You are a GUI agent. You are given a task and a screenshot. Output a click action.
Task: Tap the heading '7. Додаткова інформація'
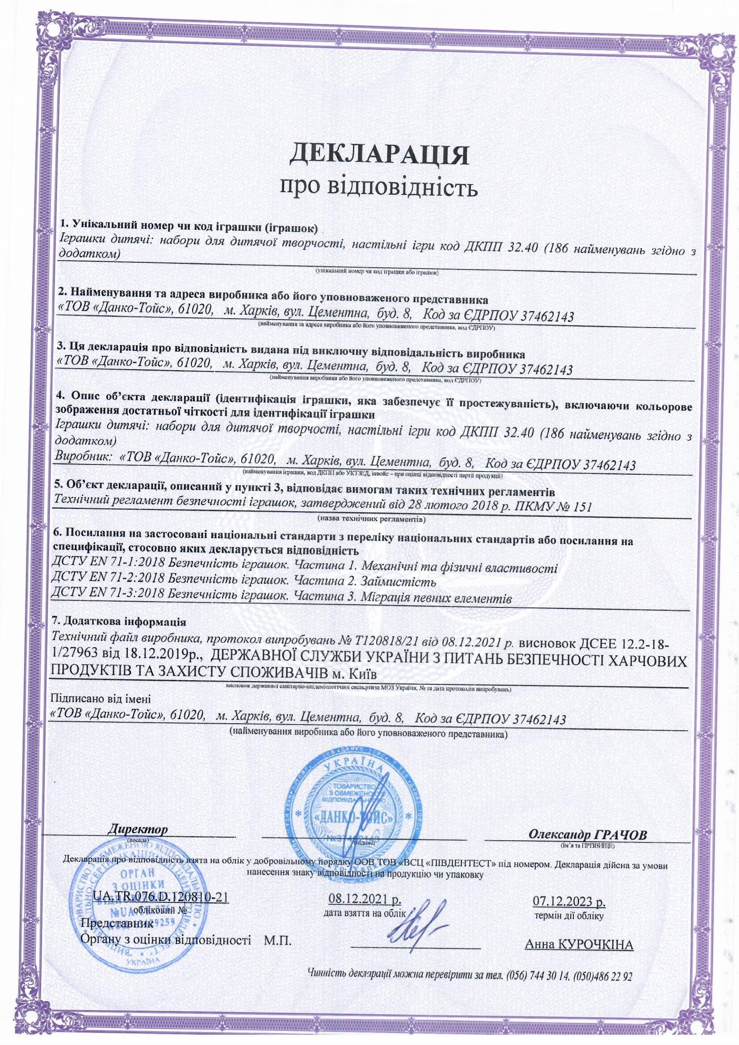pyautogui.click(x=120, y=622)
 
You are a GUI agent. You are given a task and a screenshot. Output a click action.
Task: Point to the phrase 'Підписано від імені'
pyautogui.click(x=100, y=698)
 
